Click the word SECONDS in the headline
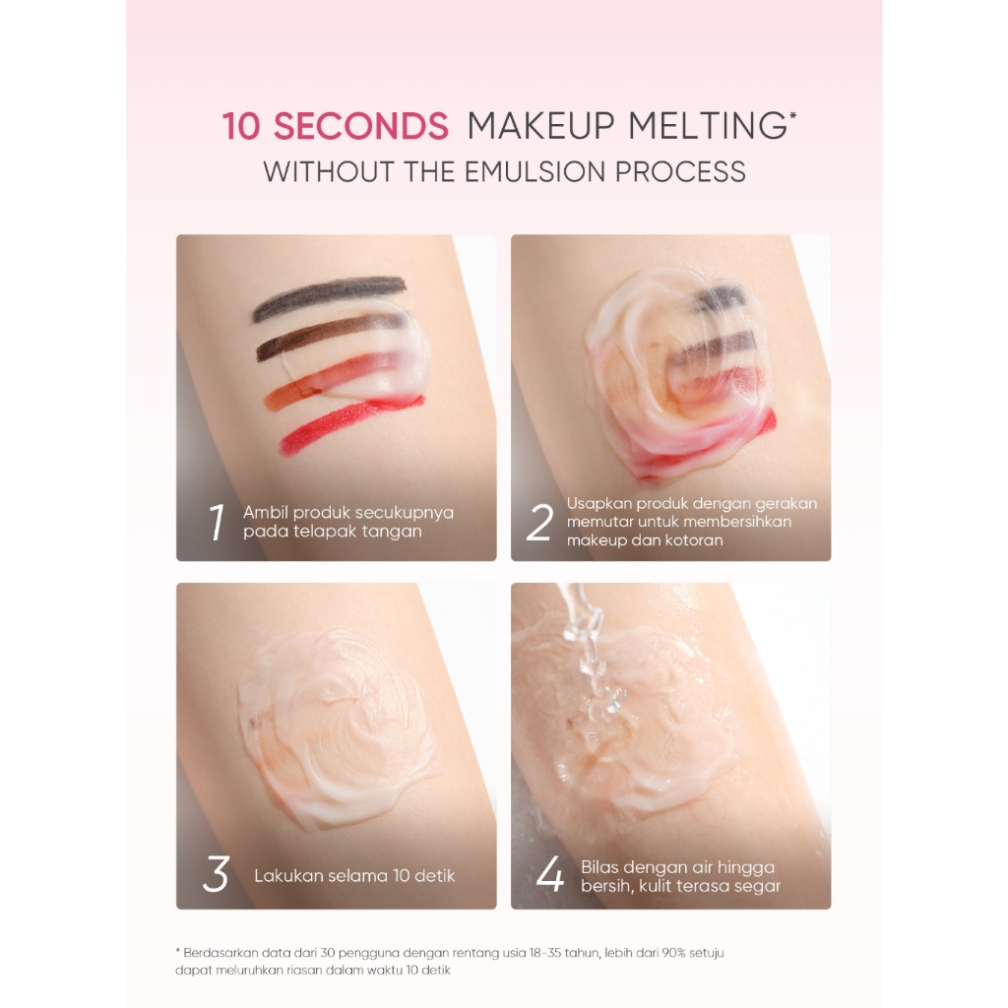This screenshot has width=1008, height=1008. tap(361, 125)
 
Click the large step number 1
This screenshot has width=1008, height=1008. tap(218, 522)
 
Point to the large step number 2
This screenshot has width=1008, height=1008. tap(539, 522)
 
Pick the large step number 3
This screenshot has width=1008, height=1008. tap(216, 874)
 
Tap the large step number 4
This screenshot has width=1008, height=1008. tap(549, 874)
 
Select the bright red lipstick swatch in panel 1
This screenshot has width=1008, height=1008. tap(351, 425)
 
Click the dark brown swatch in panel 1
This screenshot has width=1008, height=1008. tap(322, 338)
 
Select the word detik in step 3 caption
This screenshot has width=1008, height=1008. tap(434, 875)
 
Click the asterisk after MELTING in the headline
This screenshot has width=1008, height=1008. tap(792, 116)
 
